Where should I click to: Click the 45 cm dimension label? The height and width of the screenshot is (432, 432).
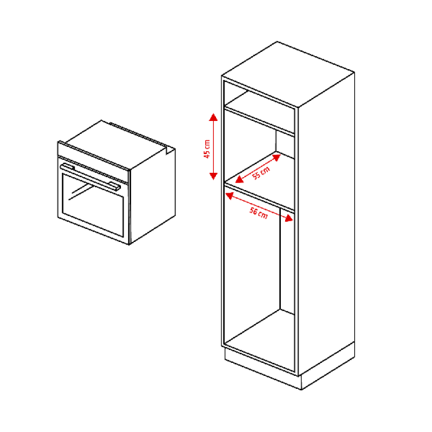tap(207, 149)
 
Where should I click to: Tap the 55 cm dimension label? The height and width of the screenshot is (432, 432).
tap(261, 173)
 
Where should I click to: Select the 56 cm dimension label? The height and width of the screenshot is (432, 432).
tap(259, 213)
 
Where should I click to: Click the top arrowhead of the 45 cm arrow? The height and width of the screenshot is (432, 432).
tap(213, 117)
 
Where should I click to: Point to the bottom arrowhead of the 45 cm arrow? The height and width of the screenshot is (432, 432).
tap(213, 176)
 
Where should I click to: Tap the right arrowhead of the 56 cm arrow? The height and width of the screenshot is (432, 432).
tap(288, 219)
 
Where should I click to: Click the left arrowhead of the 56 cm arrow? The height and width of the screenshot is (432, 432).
tap(229, 195)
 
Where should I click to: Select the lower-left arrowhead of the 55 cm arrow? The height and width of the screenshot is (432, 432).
tap(239, 179)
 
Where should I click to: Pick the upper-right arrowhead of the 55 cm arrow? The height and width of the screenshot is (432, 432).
tap(276, 157)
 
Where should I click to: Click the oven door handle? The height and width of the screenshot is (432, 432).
tap(90, 177)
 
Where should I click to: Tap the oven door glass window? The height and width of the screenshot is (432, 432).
tap(93, 205)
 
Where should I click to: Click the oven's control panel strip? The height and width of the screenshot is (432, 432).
tap(93, 156)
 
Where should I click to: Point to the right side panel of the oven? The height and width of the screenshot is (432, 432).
tap(152, 196)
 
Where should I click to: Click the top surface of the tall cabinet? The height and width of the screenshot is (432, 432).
tap(288, 74)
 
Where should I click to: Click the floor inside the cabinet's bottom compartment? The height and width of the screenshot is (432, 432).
tap(260, 340)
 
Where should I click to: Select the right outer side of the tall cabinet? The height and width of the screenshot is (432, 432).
tap(327, 224)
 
